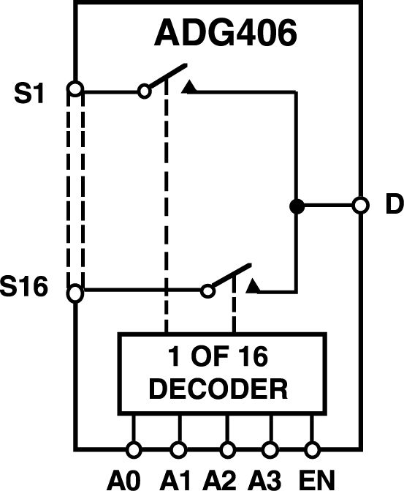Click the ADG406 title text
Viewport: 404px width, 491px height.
click(x=226, y=34)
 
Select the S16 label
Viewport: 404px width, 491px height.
click(x=24, y=288)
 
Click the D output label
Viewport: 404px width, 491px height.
click(x=394, y=206)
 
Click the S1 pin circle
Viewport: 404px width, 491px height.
click(x=75, y=90)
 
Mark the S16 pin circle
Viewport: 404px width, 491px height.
click(x=75, y=293)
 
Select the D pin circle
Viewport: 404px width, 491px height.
click(x=359, y=206)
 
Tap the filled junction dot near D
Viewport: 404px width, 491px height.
click(x=296, y=206)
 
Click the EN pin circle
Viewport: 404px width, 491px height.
click(x=313, y=449)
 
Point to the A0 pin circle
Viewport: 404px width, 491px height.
click(x=133, y=449)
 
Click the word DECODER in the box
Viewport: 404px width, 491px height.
click(x=217, y=387)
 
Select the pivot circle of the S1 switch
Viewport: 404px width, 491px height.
click(x=145, y=91)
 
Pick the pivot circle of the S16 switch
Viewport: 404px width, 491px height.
click(x=208, y=291)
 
